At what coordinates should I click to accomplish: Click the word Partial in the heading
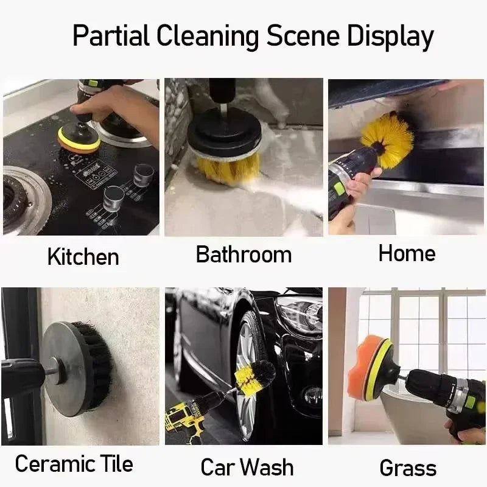point(110,37)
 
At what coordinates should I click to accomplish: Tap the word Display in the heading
point(390,37)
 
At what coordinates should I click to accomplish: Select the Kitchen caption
point(83,257)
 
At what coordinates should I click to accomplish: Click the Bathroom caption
point(243,254)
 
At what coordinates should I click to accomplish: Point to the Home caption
point(407,253)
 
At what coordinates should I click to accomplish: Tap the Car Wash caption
point(247,468)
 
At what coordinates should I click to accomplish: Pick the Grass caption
point(407,468)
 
